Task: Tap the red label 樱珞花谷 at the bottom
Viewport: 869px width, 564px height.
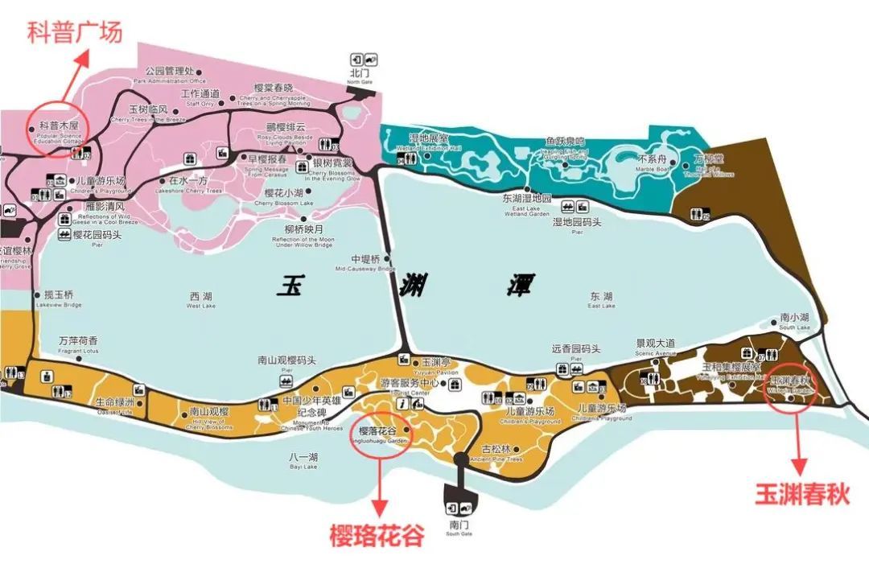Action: tap(376, 536)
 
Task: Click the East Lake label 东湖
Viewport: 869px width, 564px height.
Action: tap(601, 296)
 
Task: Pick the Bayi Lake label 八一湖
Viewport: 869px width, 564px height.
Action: tap(303, 457)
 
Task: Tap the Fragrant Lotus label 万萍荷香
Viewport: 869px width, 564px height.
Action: tap(79, 340)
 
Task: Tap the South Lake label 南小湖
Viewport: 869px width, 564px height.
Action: tap(793, 318)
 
